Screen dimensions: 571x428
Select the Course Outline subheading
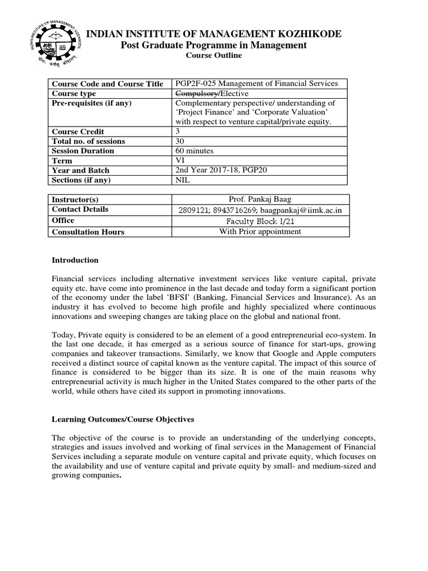click(x=214, y=56)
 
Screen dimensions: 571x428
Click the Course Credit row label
click(x=78, y=132)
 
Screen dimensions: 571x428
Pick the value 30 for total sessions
click(x=180, y=141)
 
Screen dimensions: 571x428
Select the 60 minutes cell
click(x=194, y=151)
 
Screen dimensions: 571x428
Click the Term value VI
click(x=179, y=161)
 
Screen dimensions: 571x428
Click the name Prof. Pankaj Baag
click(x=260, y=199)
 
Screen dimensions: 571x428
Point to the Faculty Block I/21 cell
click(x=260, y=221)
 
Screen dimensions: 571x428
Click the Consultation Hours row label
click(x=88, y=232)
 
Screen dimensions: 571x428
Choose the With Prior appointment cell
click(x=260, y=231)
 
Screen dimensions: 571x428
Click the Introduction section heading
click(x=75, y=260)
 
